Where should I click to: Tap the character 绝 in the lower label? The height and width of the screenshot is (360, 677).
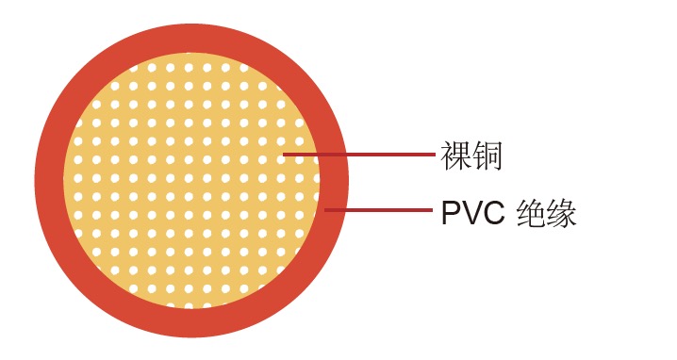click(535, 214)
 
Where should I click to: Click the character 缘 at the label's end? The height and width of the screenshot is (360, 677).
click(562, 214)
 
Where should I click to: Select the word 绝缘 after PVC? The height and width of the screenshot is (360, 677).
click(548, 214)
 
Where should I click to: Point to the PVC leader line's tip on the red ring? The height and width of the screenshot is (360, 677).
click(326, 209)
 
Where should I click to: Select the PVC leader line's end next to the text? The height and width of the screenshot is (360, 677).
click(433, 209)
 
